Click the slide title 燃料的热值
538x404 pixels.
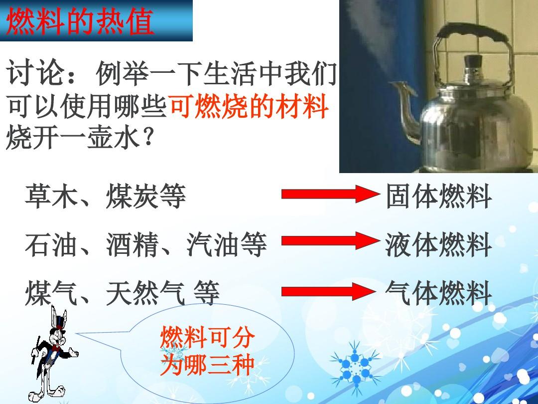pyautogui.click(x=80, y=21)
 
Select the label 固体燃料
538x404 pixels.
pyautogui.click(x=438, y=196)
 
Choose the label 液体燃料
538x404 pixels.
pyautogui.click(x=438, y=244)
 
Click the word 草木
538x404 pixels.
pyautogui.click(x=51, y=196)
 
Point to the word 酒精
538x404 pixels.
pyautogui.click(x=133, y=244)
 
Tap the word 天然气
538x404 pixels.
pyautogui.click(x=145, y=293)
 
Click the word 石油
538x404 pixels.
pyautogui.click(x=51, y=244)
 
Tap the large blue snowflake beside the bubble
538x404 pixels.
pyautogui.click(x=356, y=364)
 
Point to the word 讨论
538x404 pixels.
pyautogui.click(x=34, y=73)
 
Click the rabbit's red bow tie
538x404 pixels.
pyautogui.click(x=56, y=347)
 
